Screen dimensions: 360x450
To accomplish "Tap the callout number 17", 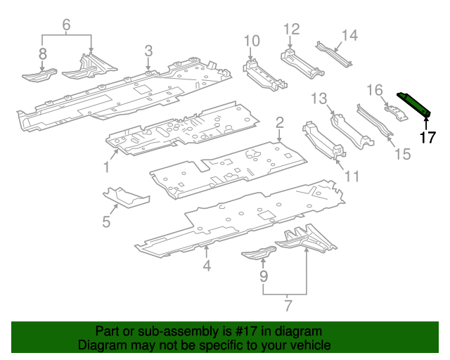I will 427,137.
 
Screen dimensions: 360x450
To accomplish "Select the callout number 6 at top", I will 67,25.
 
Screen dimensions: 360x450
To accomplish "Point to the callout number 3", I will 148,50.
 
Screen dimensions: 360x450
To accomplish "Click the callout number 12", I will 291,29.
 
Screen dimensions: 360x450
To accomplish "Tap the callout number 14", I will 349,34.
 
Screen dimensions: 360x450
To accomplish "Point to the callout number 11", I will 351,176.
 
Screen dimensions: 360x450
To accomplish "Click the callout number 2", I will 279,123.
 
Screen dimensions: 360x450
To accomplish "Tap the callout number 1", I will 107,167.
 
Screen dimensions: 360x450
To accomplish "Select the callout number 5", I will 106,222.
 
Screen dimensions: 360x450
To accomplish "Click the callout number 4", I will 207,266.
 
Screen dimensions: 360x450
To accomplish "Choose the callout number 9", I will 263,277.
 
